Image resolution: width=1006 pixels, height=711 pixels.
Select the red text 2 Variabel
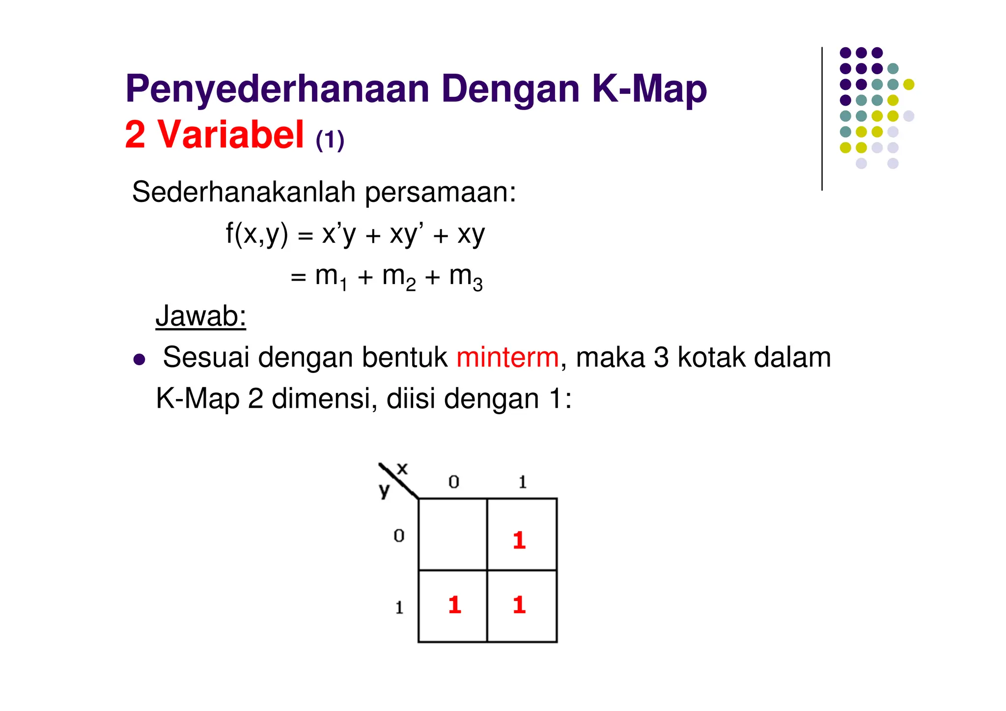point(214,135)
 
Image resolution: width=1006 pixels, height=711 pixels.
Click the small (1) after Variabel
point(330,141)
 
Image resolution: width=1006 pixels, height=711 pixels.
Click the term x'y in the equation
point(338,234)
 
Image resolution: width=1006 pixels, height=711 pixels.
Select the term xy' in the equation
point(407,234)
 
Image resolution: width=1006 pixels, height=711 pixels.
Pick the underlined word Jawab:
point(200,316)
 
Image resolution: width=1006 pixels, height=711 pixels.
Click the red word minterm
point(507,357)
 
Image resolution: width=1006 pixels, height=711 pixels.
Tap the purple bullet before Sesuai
point(140,359)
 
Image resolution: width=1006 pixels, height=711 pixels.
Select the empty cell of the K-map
point(452,534)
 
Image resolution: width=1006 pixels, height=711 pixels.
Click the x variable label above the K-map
point(402,468)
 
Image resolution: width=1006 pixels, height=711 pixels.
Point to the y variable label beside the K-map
point(384,490)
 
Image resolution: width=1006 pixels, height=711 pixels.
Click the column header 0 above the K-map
point(453,482)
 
